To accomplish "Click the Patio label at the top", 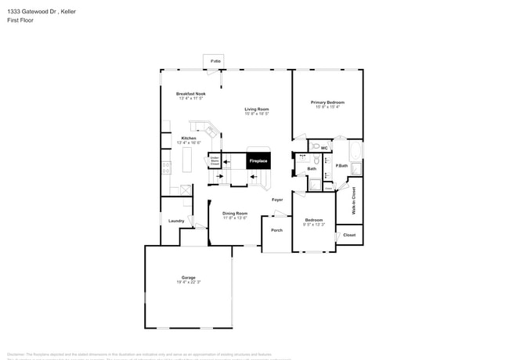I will (215, 61).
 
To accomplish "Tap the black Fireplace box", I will (258, 160).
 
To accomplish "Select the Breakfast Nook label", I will (190, 94).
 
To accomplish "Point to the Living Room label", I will (256, 109).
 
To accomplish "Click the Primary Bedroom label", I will (327, 103).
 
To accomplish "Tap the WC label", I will (323, 148).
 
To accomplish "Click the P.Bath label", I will (341, 165).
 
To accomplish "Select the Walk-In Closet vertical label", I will (353, 200).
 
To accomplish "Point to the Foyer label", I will (277, 200).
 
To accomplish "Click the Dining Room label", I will (235, 213).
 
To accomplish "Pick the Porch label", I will (276, 230).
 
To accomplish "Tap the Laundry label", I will (176, 221).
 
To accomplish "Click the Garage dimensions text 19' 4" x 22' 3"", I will (188, 282).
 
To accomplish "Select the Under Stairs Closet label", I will (214, 161).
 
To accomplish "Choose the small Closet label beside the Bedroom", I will (349, 235).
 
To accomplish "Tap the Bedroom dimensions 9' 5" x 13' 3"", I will (313, 225).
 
